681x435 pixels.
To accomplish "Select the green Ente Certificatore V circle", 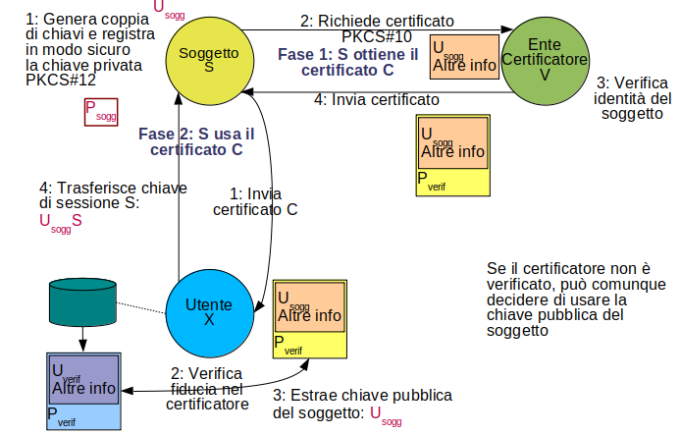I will tap(544, 58).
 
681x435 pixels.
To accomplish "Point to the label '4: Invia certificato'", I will tap(376, 99).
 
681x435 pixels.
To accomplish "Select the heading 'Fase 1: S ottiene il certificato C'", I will tap(348, 61).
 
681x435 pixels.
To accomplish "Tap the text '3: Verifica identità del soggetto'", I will tap(634, 98).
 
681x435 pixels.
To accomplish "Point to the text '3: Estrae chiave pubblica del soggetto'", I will tap(362, 403).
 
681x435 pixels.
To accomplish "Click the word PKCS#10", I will tap(377, 37).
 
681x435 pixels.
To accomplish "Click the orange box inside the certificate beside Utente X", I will tap(309, 308).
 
